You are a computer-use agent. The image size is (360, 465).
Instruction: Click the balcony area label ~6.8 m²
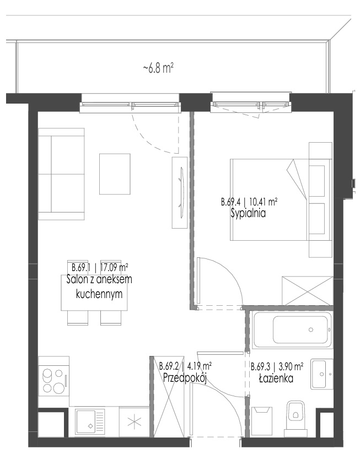tap(158, 68)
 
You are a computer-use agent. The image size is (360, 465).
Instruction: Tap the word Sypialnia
tap(248, 213)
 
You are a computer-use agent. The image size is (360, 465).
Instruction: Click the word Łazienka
tap(276, 379)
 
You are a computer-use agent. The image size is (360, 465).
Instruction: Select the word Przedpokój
tap(185, 378)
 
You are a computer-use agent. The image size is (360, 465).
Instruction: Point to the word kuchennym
tap(99, 294)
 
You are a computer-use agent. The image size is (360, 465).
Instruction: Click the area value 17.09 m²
tap(114, 268)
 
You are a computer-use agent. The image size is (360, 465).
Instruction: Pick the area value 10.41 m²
tap(264, 202)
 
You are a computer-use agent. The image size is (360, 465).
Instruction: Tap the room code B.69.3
tap(260, 367)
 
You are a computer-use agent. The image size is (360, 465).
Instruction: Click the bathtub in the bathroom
tap(292, 330)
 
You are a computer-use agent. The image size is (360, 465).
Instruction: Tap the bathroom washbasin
tap(322, 374)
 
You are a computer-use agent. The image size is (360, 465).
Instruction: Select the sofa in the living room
tap(61, 174)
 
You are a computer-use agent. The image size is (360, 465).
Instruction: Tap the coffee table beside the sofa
tap(115, 174)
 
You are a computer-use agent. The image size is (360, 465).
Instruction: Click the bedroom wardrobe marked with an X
tap(308, 291)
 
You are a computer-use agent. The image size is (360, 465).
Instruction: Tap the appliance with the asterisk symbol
tap(134, 421)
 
